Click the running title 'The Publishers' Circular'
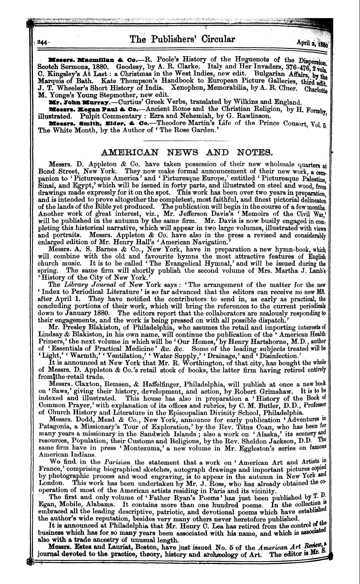click(x=182, y=39)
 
